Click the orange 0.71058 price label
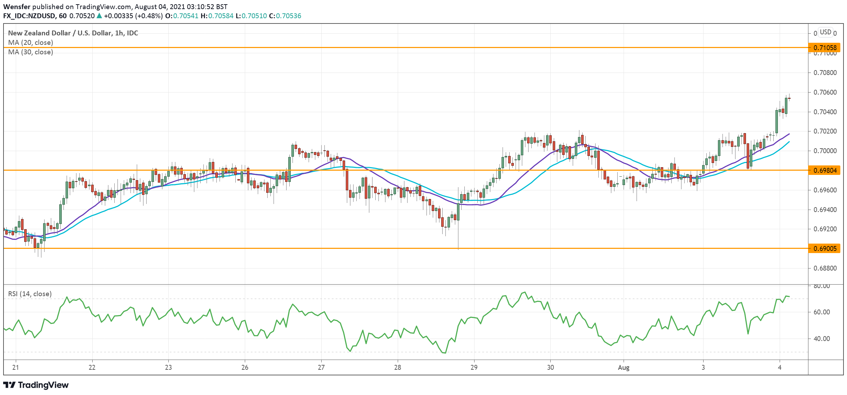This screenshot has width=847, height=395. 825,48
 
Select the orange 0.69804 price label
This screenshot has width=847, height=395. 825,170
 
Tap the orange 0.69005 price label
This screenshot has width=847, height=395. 825,248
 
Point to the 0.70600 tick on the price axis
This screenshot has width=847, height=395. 825,92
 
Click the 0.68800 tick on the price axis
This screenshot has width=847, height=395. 825,268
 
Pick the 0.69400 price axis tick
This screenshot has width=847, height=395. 825,210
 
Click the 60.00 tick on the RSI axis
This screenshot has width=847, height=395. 821,312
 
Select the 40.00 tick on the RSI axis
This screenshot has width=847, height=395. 821,339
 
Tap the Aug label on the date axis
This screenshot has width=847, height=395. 624,368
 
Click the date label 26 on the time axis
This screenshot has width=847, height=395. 245,368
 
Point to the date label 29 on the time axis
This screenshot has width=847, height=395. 474,368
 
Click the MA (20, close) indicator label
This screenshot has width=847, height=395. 31,42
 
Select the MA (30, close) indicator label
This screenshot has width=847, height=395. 31,52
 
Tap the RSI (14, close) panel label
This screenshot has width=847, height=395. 30,294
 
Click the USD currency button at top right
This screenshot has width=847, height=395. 825,32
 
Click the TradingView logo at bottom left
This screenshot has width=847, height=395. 36,385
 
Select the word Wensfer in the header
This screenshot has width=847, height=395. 16,7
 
